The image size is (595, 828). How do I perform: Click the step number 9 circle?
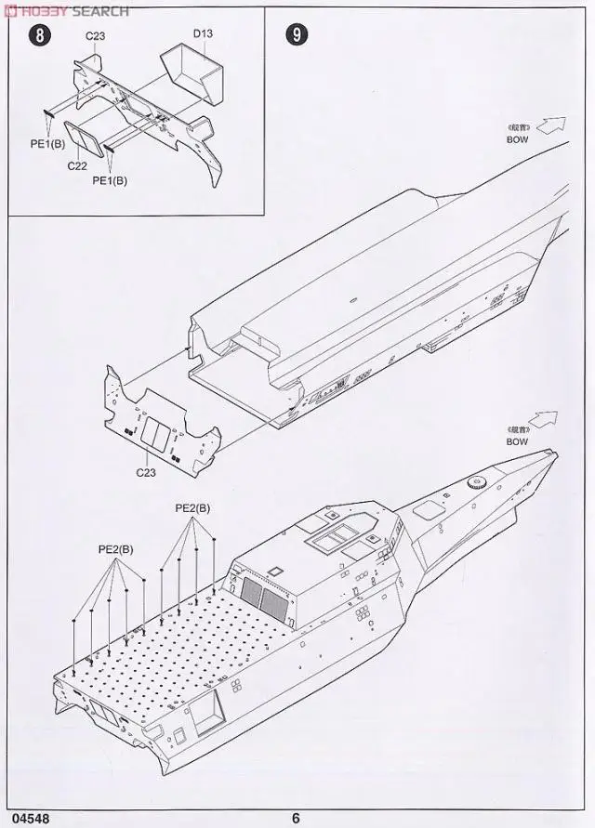pos(296,35)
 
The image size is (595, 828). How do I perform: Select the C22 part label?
pos(77,167)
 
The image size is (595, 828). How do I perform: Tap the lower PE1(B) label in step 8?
pos(110,180)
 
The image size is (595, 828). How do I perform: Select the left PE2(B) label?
pos(115,549)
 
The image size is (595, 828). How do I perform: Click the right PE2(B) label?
pos(192,508)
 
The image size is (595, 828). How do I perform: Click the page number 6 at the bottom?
pos(296,819)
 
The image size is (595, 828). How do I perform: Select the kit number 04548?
pos(22,819)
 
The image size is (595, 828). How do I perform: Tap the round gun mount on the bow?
pos(477,483)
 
